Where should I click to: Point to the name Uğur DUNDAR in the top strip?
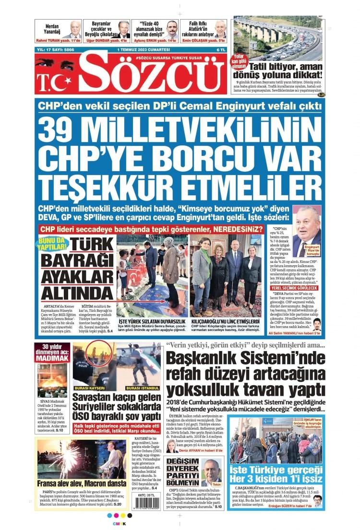pyautogui.click(x=104, y=41)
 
